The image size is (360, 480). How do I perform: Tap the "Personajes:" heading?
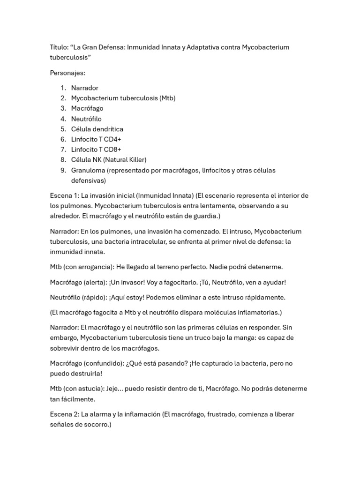point(67,73)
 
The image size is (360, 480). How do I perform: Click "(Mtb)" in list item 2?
point(167,98)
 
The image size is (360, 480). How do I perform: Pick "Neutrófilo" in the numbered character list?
point(86,119)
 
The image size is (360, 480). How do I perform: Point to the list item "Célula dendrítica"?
point(97,129)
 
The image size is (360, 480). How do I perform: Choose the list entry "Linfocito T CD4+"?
point(96,139)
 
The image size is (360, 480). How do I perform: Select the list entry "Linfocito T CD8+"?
point(96,150)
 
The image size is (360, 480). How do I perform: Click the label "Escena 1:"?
point(64,195)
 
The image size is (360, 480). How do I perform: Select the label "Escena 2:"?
point(64,414)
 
